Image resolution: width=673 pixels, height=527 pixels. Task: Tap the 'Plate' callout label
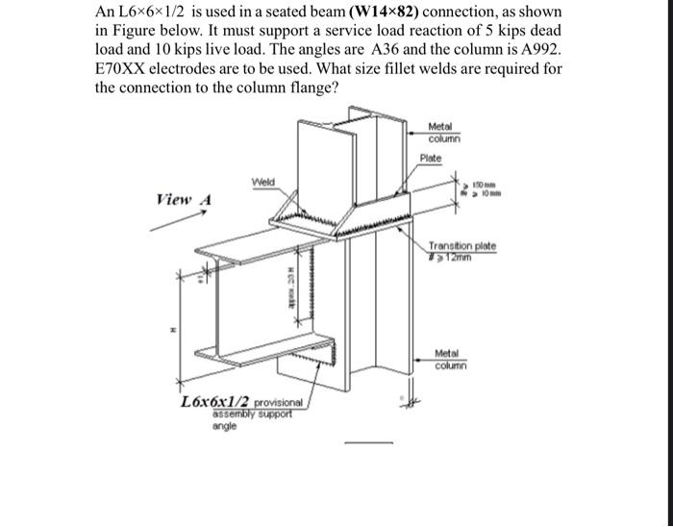click(430, 157)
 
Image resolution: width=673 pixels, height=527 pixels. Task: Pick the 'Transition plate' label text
click(462, 246)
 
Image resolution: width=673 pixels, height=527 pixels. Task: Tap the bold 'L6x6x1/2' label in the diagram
click(214, 402)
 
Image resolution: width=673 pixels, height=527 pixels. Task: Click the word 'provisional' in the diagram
click(278, 403)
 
